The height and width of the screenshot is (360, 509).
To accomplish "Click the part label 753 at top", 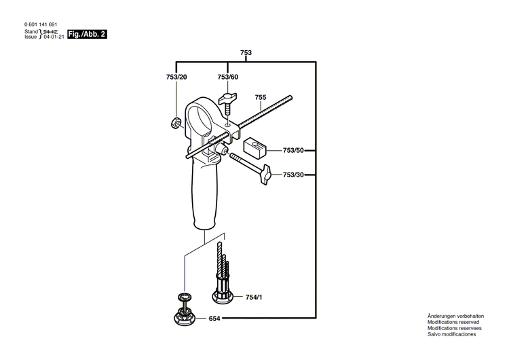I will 246,53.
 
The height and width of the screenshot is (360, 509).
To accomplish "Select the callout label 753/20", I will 176,78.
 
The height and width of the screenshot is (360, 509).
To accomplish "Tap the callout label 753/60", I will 227,78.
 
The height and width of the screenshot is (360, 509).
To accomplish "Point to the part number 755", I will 261,97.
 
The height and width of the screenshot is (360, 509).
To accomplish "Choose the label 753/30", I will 293,175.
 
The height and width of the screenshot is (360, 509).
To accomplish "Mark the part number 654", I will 214,319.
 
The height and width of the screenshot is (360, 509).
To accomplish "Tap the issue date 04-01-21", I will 53,37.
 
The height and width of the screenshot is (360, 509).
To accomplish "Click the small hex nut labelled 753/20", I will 174,123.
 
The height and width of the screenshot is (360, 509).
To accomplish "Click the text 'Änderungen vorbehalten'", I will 455,317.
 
